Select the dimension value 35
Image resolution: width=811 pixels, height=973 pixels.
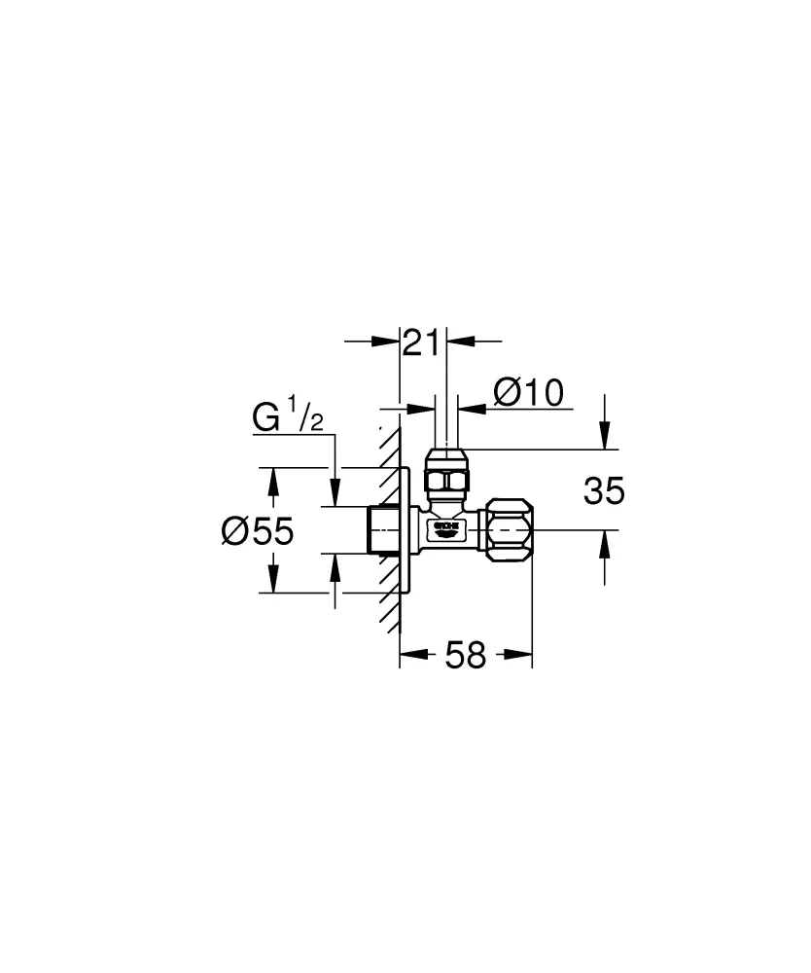(x=604, y=491)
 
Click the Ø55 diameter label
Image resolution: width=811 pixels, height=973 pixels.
(x=257, y=530)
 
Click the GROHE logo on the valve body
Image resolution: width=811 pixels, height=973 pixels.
(x=445, y=527)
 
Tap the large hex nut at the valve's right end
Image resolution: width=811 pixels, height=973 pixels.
(x=510, y=530)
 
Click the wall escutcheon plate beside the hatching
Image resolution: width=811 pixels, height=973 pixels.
(x=406, y=530)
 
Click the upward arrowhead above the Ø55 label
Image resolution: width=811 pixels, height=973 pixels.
(x=274, y=480)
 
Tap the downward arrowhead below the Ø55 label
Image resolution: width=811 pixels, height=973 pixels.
(x=274, y=581)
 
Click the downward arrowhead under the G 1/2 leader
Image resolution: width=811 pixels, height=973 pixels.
(x=335, y=494)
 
